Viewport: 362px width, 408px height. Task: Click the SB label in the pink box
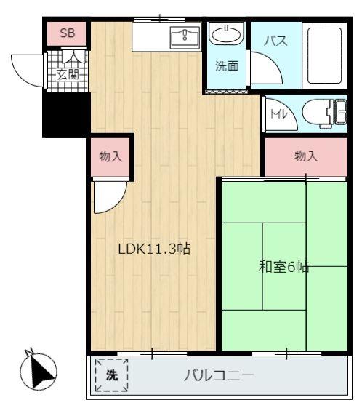pos(67,33)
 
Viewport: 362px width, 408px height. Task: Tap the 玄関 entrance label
pos(68,75)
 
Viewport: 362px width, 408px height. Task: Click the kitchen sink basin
pos(185,38)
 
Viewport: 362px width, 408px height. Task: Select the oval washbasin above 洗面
pos(227,34)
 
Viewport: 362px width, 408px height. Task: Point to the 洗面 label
pos(227,66)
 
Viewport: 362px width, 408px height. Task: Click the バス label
pos(275,41)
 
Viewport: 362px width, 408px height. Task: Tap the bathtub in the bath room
pos(324,55)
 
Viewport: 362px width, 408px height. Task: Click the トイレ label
pos(278,113)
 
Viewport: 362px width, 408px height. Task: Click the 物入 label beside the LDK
pos(110,156)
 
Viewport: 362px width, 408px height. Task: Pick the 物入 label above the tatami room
pos(306,156)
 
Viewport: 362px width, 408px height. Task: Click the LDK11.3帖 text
pos(154,249)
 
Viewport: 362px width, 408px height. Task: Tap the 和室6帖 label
pos(284,267)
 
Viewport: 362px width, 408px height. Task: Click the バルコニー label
pos(219,375)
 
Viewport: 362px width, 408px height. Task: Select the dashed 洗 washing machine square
pos(111,375)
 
